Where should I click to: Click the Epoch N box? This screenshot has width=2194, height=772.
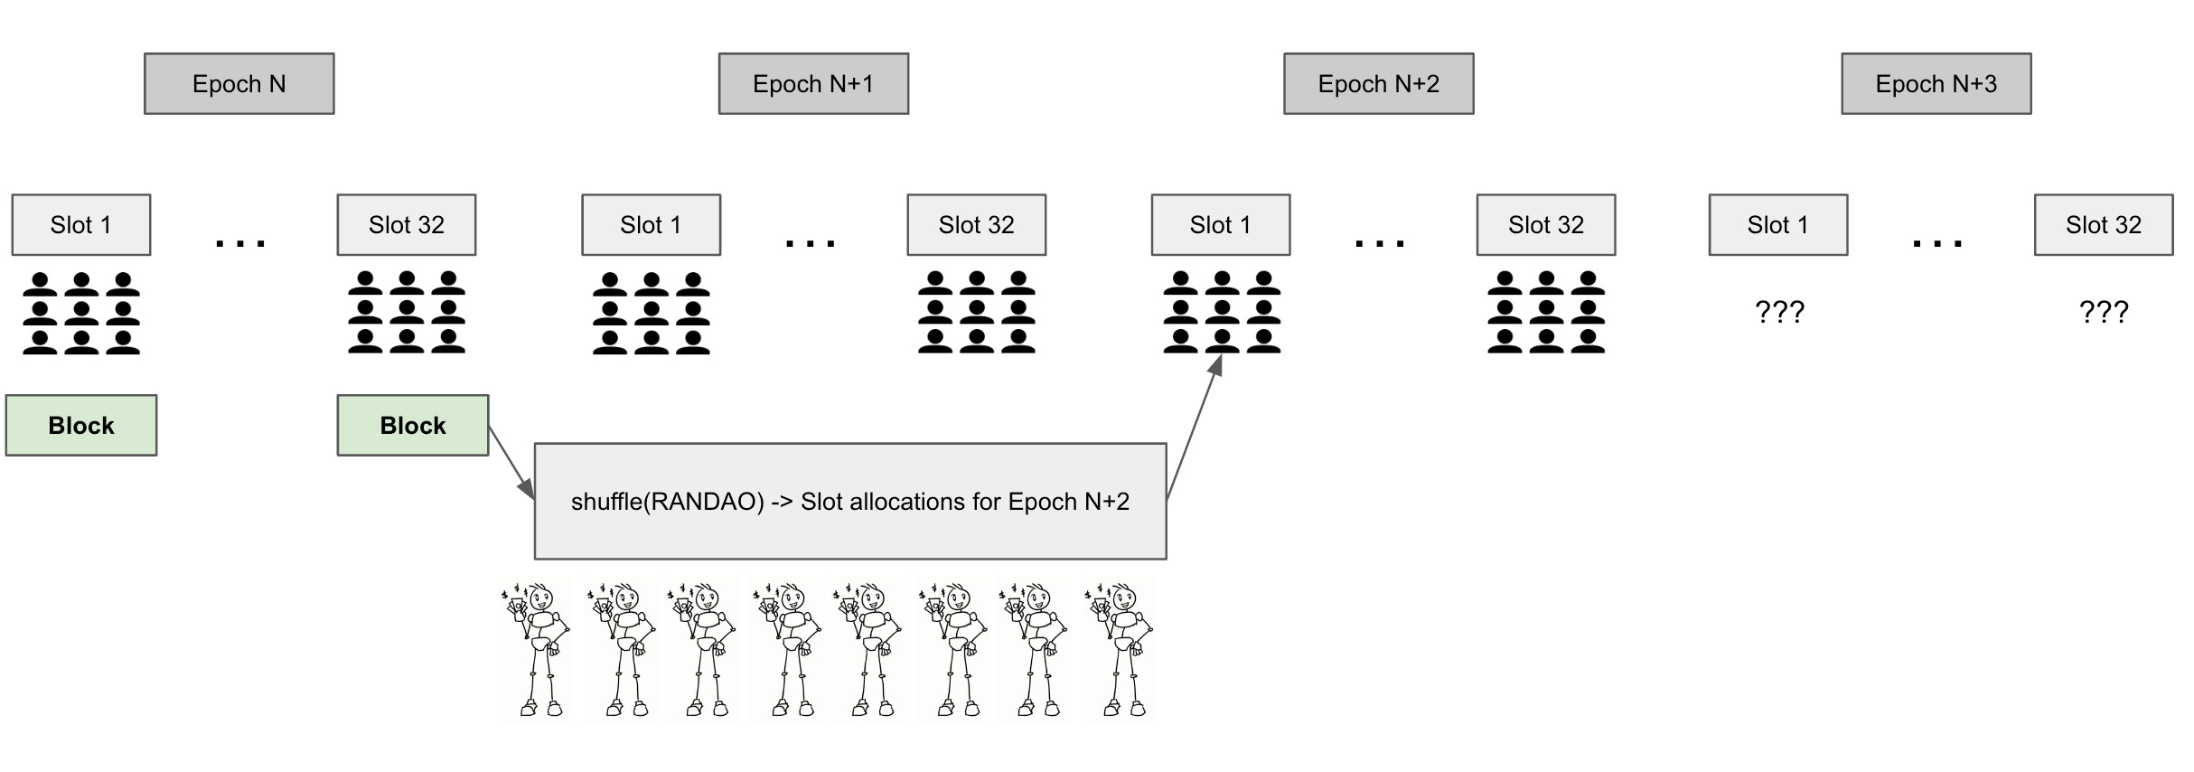point(239,84)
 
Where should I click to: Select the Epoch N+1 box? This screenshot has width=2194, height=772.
point(813,84)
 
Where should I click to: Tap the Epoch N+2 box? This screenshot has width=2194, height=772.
point(1378,84)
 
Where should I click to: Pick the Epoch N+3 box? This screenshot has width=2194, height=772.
point(1936,84)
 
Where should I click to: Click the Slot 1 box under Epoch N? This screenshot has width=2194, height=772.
point(80,225)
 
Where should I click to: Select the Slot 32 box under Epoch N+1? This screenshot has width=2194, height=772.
point(976,225)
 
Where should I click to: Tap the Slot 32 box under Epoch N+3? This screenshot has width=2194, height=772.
point(2103,225)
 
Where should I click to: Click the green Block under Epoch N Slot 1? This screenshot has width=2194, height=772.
point(80,426)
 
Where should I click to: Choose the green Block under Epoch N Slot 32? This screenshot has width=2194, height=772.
point(412,426)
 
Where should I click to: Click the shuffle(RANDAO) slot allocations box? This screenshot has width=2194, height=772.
point(849,502)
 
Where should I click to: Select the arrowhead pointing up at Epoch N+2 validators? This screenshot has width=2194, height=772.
point(1216,365)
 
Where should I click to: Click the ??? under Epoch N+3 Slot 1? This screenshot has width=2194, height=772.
point(1778,313)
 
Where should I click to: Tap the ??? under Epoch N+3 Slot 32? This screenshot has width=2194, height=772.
point(2103,313)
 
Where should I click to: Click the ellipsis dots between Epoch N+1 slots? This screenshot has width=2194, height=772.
point(811,243)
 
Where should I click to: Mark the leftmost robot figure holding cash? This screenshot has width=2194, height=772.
point(535,649)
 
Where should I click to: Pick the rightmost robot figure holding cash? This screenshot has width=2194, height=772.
point(1119,649)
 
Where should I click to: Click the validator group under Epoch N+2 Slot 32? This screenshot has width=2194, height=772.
point(1545,313)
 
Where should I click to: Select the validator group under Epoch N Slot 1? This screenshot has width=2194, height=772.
point(80,313)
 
